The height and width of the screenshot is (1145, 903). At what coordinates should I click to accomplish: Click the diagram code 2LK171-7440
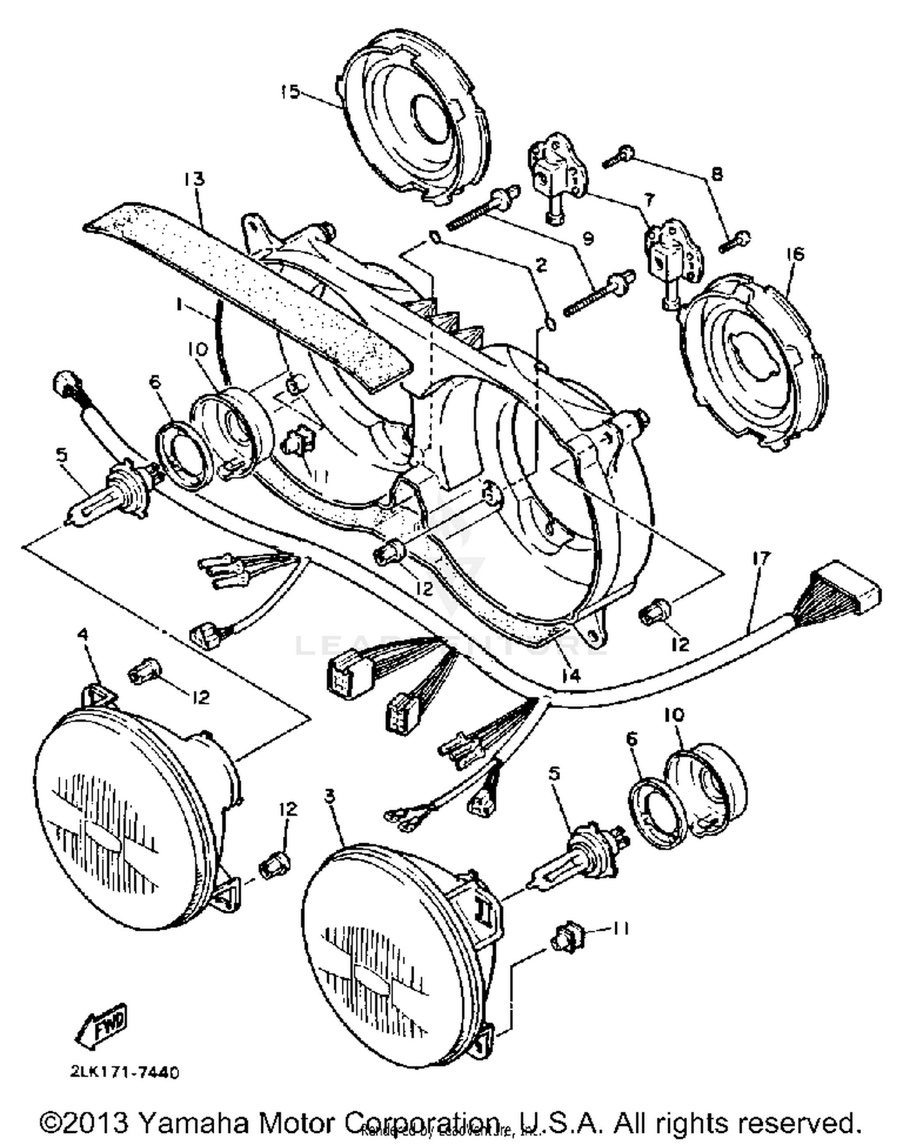click(x=124, y=1072)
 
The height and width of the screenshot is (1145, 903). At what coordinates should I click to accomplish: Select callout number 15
click(x=290, y=92)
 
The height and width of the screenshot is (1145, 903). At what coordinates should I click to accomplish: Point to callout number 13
click(x=194, y=179)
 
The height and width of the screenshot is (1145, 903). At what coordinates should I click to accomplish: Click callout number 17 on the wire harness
click(x=761, y=559)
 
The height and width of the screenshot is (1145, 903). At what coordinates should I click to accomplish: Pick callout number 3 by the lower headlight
click(x=329, y=796)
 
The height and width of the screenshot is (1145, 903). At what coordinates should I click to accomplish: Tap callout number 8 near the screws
click(x=716, y=175)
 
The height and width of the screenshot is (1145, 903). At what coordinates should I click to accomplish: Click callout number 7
click(x=649, y=199)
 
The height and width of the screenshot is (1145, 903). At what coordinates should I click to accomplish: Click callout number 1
click(x=179, y=306)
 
